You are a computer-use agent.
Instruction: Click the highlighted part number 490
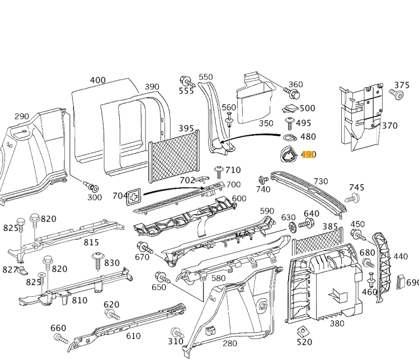tap(309, 155)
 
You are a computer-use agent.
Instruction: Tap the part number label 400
tap(97, 80)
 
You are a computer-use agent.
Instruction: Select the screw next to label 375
tap(399, 96)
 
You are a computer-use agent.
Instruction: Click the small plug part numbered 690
tap(401, 281)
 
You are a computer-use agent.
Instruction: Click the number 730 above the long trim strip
tap(321, 182)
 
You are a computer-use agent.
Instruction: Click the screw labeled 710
tap(218, 172)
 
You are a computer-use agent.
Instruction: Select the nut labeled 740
tap(262, 181)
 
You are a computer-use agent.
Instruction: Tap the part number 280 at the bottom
tap(230, 343)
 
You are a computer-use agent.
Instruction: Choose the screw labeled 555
tap(185, 83)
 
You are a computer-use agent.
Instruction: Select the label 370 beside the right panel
tap(389, 126)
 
